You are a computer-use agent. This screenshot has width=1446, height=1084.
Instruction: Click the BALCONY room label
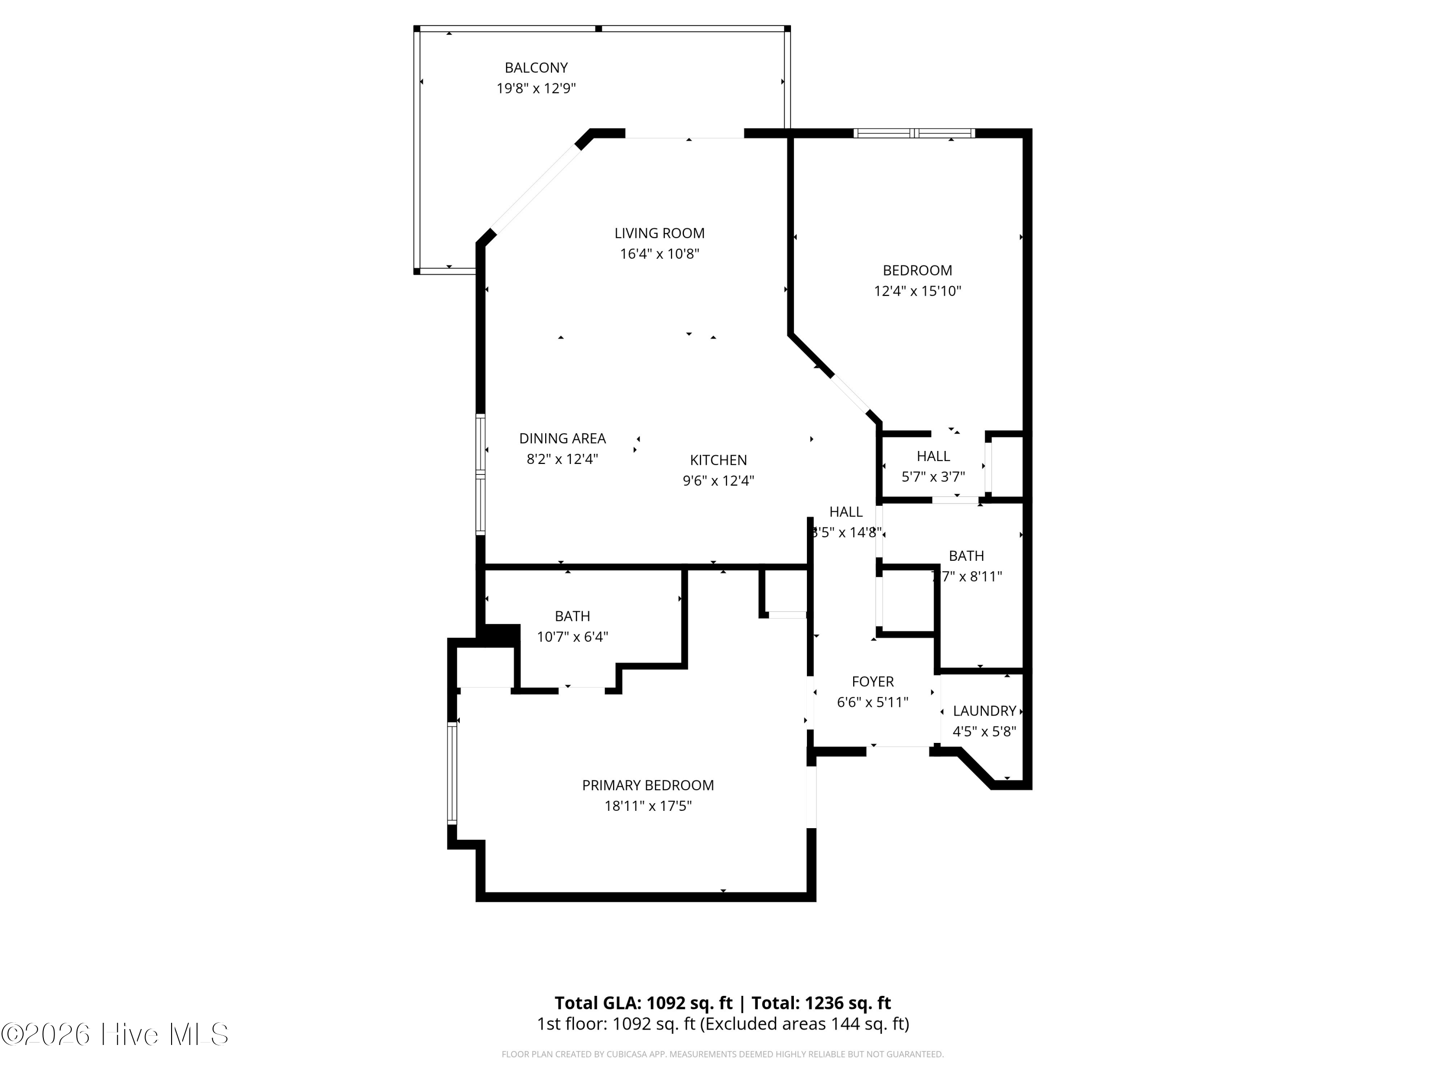536,67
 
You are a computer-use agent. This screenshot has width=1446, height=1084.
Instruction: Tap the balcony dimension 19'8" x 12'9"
536,88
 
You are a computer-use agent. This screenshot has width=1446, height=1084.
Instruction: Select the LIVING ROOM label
659,233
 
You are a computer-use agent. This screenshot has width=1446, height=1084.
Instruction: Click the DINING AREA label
562,438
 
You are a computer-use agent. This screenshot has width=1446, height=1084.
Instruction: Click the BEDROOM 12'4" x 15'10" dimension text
917,291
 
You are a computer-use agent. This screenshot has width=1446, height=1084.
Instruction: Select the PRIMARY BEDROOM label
647,785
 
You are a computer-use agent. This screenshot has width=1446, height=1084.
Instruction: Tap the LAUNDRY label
984,711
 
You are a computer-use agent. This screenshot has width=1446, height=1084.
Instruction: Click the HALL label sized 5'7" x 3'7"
933,456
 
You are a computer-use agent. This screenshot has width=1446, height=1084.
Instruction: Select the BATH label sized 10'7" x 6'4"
572,616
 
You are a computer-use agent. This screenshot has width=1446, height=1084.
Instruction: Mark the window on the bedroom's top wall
914,133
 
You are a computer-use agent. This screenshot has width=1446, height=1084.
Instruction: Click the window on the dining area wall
481,475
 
